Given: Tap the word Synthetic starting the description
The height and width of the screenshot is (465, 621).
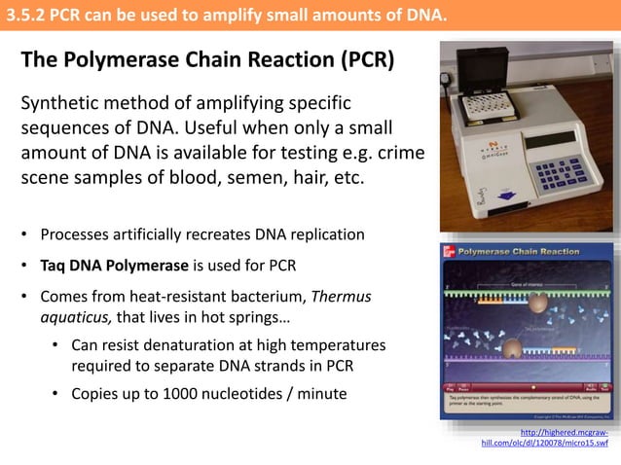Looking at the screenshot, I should click(x=64, y=103).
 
